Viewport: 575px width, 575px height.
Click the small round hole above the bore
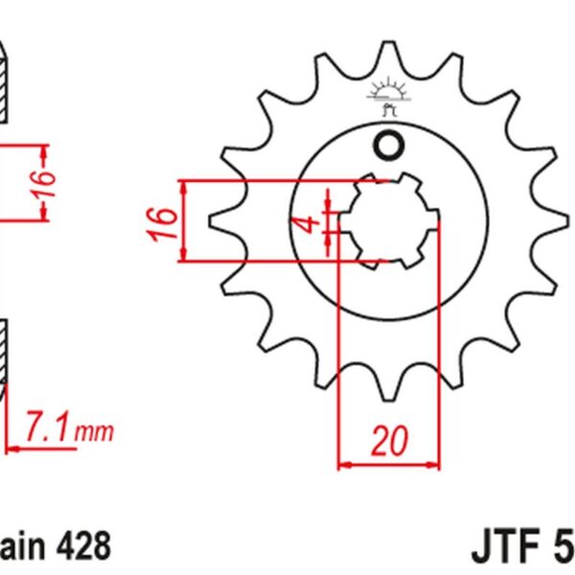(389, 147)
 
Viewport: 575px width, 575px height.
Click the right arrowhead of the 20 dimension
(436, 466)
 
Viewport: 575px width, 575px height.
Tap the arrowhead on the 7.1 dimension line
(11, 447)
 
